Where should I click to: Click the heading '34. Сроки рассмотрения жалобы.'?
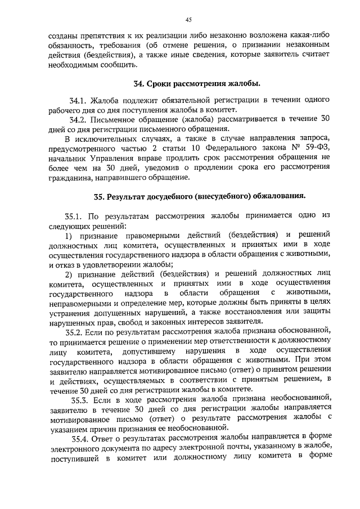point(196,84)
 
